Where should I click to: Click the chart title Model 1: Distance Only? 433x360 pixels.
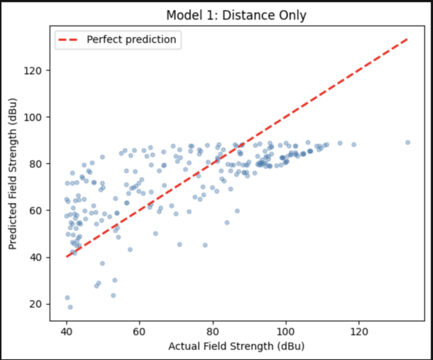click(x=237, y=15)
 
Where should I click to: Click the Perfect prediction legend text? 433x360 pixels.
click(x=131, y=40)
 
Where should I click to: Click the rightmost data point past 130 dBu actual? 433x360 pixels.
click(x=408, y=142)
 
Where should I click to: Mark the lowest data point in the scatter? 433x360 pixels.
click(x=70, y=307)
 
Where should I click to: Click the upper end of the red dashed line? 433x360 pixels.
click(x=408, y=39)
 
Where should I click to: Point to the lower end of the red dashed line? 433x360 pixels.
click(x=67, y=256)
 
